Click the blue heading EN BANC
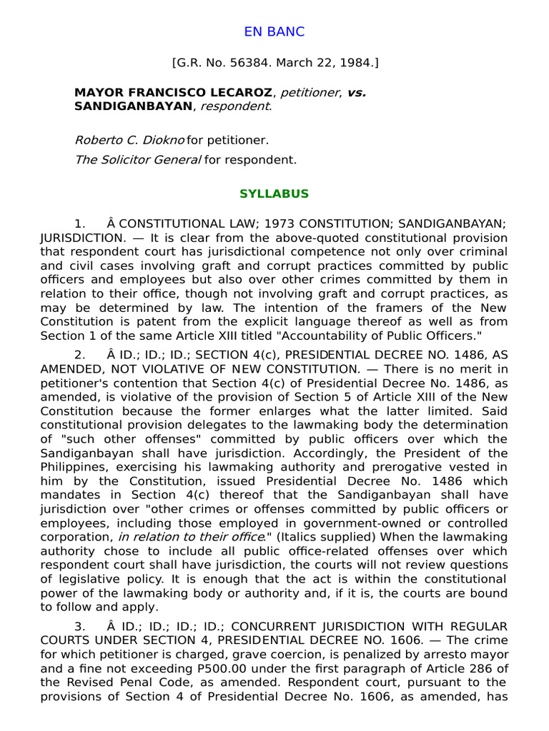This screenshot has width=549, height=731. [274, 31]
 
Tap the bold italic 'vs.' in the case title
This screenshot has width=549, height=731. [356, 93]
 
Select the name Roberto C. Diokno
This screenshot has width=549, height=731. [129, 141]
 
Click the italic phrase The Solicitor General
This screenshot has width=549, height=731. [137, 159]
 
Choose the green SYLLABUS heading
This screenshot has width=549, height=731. [274, 194]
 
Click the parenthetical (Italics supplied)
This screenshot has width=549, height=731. [305, 536]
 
